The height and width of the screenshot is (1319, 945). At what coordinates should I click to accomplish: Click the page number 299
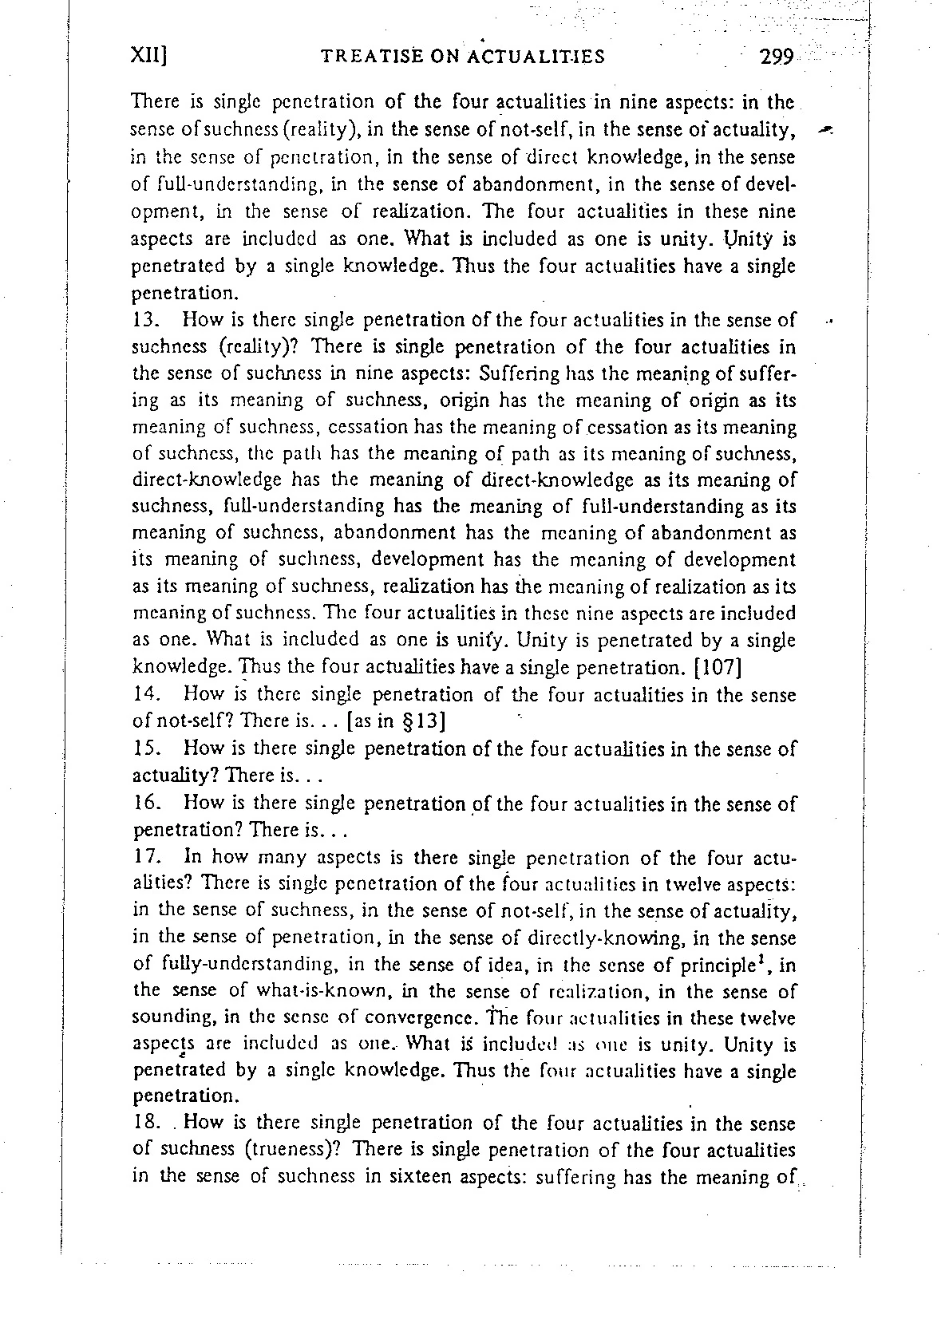(776, 57)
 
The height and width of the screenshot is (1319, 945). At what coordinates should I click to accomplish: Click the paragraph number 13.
(146, 320)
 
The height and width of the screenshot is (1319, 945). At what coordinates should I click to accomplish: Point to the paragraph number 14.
(146, 695)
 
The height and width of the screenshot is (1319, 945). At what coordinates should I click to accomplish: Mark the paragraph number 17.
(146, 858)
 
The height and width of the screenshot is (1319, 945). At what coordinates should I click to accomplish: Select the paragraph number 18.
(146, 1124)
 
